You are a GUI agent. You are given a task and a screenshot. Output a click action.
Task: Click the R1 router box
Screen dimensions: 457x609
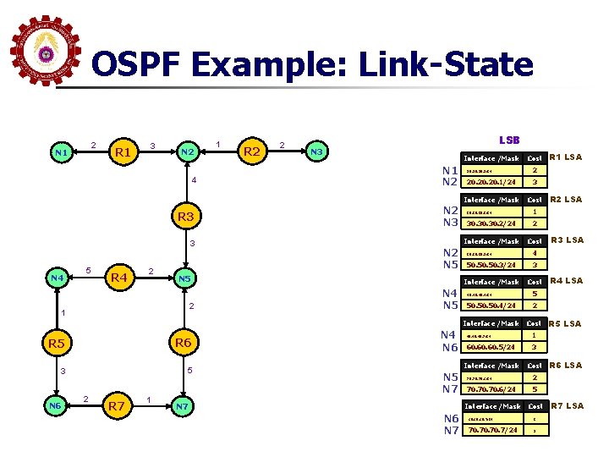point(123,153)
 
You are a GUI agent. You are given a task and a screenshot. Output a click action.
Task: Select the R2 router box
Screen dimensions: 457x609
point(250,152)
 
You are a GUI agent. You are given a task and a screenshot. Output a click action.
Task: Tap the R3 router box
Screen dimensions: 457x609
point(186,217)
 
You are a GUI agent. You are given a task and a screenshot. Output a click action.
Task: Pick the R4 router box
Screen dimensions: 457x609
point(118,278)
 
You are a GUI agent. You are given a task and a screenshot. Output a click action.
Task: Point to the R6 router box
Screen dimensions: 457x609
point(182,343)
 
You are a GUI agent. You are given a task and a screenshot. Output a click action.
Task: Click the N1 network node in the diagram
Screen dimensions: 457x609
point(60,153)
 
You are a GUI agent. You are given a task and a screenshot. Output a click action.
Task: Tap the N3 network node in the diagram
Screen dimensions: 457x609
point(316,152)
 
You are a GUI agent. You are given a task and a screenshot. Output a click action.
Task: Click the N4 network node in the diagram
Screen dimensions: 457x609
point(57,278)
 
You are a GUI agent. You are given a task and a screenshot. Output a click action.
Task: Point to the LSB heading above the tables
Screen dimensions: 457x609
point(509,140)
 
